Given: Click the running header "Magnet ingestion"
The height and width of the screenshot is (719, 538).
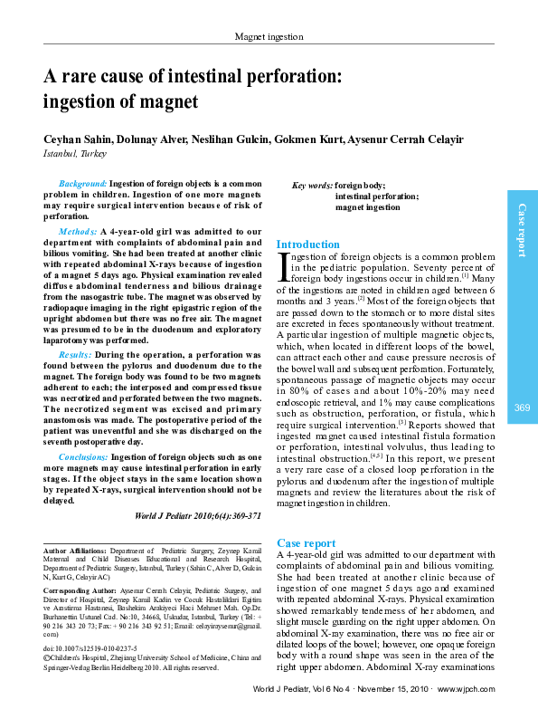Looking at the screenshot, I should [x=269, y=36].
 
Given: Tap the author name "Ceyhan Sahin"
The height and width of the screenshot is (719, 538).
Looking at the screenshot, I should [x=80, y=139].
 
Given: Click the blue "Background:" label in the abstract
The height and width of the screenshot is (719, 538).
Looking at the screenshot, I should [x=82, y=183].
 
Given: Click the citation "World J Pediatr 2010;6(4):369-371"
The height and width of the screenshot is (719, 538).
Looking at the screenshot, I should [x=198, y=514].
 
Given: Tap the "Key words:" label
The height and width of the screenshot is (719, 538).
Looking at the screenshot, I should [x=312, y=186].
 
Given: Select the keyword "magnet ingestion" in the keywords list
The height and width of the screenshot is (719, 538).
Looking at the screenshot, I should [x=368, y=207].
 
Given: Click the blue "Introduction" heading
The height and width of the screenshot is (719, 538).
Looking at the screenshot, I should [x=307, y=244].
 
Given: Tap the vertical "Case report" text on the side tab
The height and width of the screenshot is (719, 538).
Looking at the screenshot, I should [x=522, y=231].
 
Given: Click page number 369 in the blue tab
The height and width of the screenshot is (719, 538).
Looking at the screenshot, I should [x=522, y=408].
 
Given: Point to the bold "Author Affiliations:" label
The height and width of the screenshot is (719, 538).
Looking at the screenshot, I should [x=75, y=551].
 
